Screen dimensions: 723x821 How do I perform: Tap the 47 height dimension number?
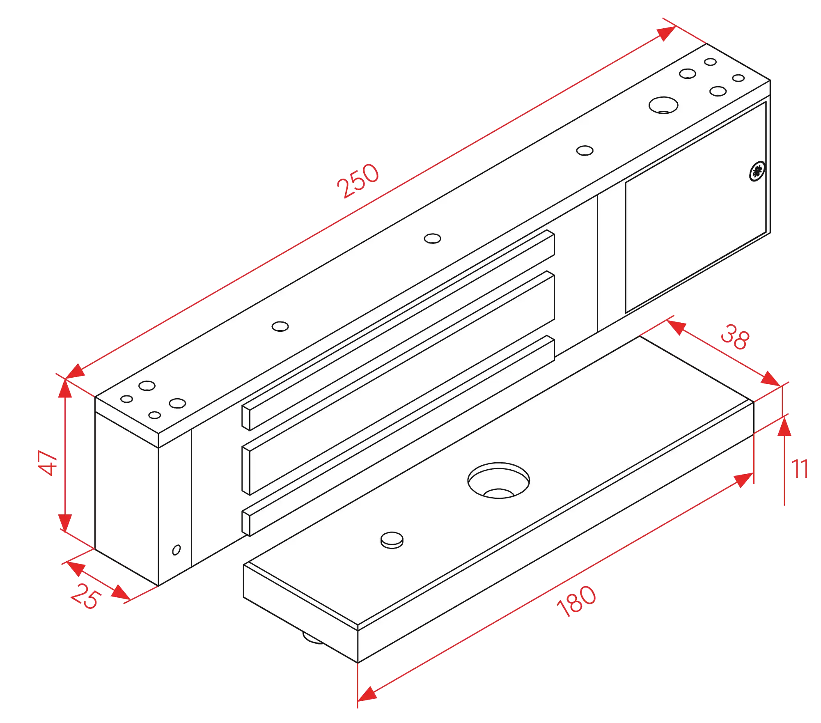click(48, 463)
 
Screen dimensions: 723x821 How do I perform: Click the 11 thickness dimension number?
click(799, 469)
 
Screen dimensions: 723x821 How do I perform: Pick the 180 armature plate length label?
click(576, 601)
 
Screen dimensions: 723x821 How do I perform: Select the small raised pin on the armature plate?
click(392, 540)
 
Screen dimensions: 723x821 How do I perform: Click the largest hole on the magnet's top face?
click(663, 105)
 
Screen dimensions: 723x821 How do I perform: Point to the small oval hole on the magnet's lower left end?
click(177, 550)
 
